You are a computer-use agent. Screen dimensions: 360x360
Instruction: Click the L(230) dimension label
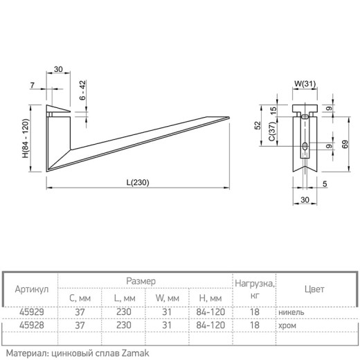(x=138, y=183)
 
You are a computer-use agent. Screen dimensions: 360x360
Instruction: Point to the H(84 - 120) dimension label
(x=26, y=138)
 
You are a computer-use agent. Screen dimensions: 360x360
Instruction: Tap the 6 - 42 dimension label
(x=82, y=90)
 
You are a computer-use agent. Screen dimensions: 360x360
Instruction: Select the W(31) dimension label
(x=305, y=84)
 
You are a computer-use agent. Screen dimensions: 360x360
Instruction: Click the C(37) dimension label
(x=272, y=132)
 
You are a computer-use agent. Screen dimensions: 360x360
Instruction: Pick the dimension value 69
(x=345, y=144)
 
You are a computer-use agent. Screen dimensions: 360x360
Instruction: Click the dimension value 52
(x=258, y=125)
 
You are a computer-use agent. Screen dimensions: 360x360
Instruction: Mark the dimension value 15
(x=273, y=110)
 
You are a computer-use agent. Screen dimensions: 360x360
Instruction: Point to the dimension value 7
(x=33, y=85)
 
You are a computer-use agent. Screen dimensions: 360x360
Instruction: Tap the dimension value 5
(x=325, y=184)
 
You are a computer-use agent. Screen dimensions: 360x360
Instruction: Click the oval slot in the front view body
(x=305, y=146)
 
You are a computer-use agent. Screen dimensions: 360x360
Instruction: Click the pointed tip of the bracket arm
(x=229, y=118)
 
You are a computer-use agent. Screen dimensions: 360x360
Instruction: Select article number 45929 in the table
(x=32, y=312)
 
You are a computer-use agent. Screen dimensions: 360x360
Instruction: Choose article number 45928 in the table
(x=32, y=325)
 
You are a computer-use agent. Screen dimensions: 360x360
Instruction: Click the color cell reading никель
(x=291, y=312)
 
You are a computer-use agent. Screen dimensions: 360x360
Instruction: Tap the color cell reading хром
(x=287, y=326)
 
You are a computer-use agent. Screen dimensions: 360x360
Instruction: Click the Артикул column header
(x=32, y=289)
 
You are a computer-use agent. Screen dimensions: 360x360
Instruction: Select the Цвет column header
(x=314, y=289)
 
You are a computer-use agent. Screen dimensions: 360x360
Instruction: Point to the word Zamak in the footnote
(x=135, y=353)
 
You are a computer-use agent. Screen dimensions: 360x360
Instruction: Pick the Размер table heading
(x=141, y=281)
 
